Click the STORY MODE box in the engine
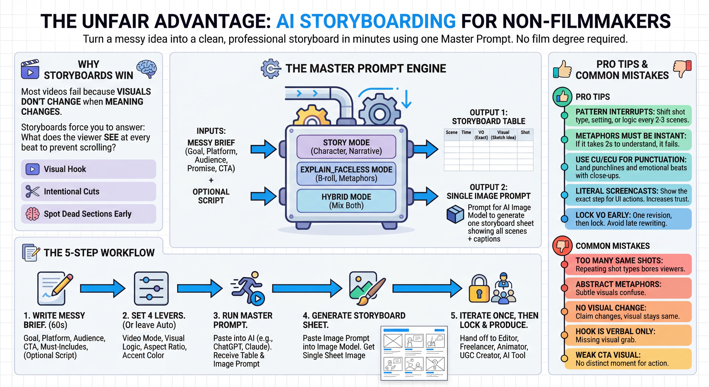tap(346, 147)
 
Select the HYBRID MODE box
tap(346, 201)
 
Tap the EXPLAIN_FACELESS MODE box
tap(346, 174)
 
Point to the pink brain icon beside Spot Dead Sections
tap(32, 214)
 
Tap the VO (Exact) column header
tap(481, 135)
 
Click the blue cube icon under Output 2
tap(455, 214)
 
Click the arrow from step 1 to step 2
tap(103, 288)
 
